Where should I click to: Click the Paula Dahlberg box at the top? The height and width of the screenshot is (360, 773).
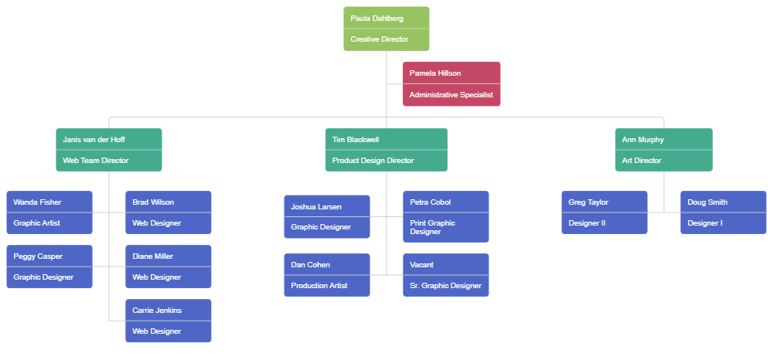[386, 29]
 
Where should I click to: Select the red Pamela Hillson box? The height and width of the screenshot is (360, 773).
[451, 83]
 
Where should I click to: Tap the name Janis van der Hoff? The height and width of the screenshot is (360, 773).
[94, 140]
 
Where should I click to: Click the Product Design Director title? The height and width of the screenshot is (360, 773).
[373, 161]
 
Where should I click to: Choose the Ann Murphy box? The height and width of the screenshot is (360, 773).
[663, 149]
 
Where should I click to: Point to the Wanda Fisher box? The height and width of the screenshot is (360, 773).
[49, 212]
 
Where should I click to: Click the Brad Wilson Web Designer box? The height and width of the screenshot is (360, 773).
[169, 212]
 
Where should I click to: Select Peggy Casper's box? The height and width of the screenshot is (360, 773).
[49, 267]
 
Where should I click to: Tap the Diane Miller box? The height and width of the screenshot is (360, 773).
[169, 267]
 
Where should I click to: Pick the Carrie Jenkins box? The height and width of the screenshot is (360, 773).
[169, 321]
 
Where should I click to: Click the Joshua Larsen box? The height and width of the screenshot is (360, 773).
[327, 216]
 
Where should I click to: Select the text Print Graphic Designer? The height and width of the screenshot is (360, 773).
[432, 227]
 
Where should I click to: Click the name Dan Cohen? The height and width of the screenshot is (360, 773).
[310, 265]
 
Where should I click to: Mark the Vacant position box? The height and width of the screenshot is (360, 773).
[445, 274]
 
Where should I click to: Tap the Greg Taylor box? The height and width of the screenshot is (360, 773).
[604, 212]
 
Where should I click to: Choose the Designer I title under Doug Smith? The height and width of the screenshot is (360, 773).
[704, 223]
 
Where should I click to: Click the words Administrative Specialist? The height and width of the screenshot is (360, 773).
[451, 95]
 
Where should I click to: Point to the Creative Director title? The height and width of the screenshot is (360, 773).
[379, 39]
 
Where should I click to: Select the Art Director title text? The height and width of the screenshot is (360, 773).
[642, 161]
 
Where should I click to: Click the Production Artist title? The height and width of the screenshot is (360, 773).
[318, 286]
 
